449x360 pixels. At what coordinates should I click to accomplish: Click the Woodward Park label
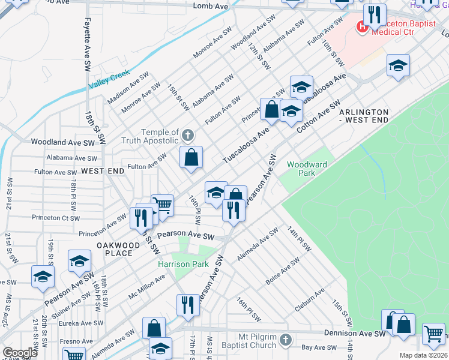(x=307, y=169)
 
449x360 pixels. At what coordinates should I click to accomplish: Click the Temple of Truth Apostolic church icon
(x=188, y=135)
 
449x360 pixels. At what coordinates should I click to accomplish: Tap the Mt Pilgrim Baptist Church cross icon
(x=286, y=340)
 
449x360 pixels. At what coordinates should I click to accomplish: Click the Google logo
(x=20, y=353)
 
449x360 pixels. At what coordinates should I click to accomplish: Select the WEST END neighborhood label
(x=103, y=171)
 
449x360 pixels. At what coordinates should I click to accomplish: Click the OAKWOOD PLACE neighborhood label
(x=119, y=249)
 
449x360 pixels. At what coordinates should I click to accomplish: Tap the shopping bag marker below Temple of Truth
(x=191, y=158)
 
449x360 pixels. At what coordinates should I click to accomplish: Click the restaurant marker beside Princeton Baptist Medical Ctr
(x=375, y=15)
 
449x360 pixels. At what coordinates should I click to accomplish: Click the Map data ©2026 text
(x=424, y=355)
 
